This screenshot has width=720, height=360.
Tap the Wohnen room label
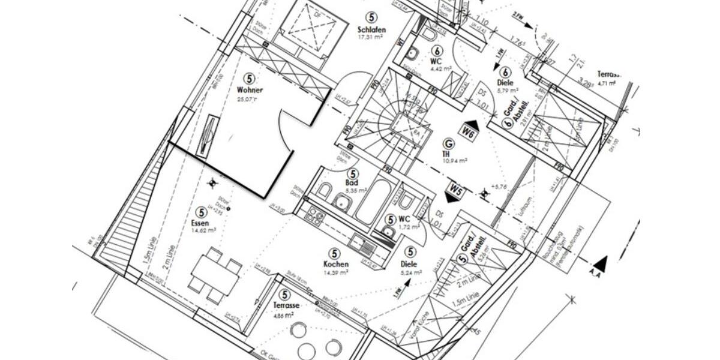click(250, 91)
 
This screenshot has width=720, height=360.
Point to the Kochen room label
click(336, 265)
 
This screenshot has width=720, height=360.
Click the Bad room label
click(352, 182)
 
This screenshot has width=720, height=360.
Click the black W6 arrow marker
click(468, 132)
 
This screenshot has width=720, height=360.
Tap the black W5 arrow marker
click(456, 192)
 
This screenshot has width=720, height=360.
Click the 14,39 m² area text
click(336, 272)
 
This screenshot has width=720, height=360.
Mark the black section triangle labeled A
click(601, 263)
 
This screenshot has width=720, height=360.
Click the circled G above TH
click(448, 143)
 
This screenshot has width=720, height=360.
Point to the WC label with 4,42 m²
click(436, 61)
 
